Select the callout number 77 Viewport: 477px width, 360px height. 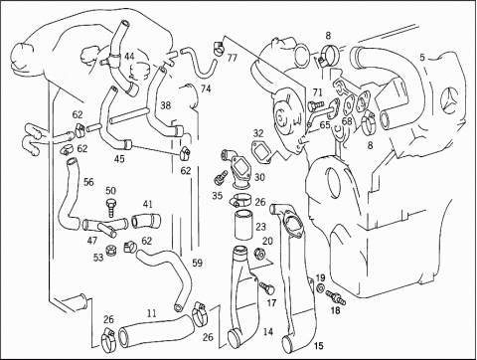(x=233, y=58)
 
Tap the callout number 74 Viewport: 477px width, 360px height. (x=206, y=89)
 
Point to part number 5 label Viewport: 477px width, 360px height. (x=422, y=58)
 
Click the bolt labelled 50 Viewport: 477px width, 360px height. (x=111, y=207)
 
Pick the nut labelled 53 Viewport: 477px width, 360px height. (x=109, y=250)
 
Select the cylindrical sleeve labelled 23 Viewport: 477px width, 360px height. (x=243, y=225)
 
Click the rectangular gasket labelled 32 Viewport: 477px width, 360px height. (x=262, y=151)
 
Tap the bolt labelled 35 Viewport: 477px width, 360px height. (x=221, y=177)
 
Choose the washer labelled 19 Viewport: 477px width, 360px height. (x=321, y=287)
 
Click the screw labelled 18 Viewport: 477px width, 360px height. (x=336, y=297)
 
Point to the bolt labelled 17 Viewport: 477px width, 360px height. (x=267, y=287)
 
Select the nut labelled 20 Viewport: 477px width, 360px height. (x=258, y=254)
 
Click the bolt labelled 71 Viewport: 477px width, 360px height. (x=315, y=105)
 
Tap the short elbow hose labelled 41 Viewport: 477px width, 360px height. (x=146, y=221)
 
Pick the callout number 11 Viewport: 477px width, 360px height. (x=152, y=313)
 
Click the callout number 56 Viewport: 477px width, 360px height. (x=88, y=182)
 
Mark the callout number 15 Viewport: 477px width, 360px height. (x=318, y=346)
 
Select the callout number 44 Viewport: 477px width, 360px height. (x=129, y=57)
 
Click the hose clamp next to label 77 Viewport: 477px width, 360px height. (x=219, y=48)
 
